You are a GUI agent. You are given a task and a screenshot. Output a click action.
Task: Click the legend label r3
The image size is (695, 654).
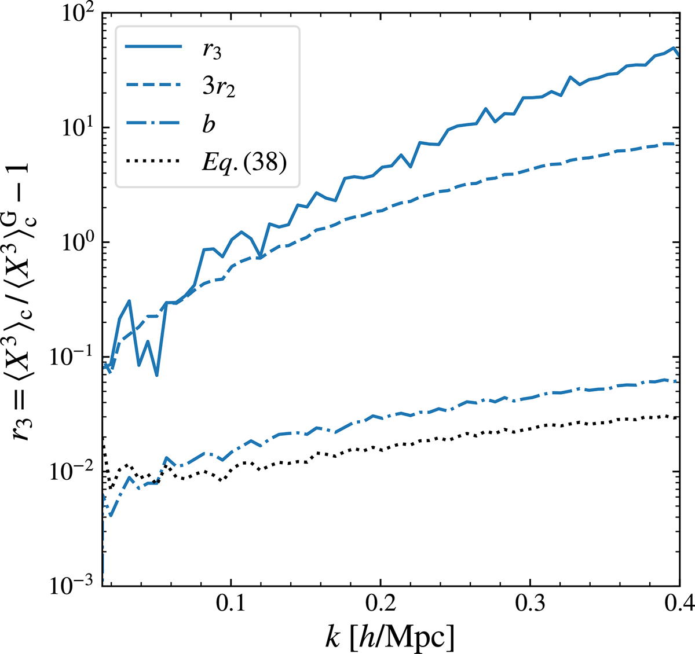[x=212, y=50]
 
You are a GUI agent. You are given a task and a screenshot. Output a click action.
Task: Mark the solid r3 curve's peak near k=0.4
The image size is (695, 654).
[x=674, y=48]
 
